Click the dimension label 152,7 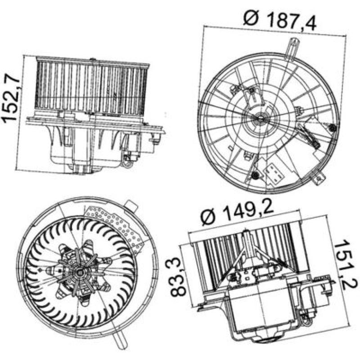[x=11, y=98]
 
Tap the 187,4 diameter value [x=292, y=20]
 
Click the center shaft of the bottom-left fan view [x=81, y=273]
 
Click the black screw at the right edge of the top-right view [x=332, y=129]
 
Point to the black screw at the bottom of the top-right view [x=256, y=175]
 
